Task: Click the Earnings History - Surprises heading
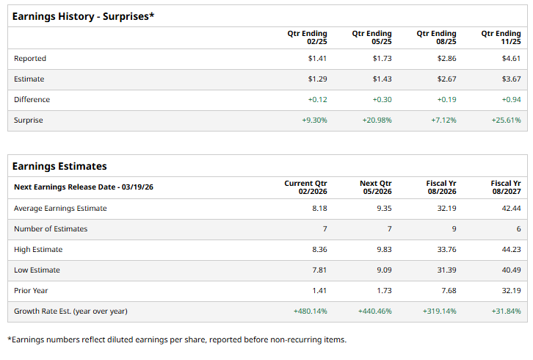tap(84, 16)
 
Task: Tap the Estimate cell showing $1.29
tap(317, 79)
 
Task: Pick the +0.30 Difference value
tap(382, 99)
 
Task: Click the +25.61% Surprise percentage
tap(506, 120)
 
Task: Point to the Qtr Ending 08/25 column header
tap(436, 37)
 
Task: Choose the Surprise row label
tap(29, 120)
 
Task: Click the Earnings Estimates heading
tap(59, 166)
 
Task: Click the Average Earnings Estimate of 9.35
tap(384, 208)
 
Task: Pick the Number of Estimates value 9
tap(454, 228)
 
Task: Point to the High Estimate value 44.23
tap(511, 249)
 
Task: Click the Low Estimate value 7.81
tap(319, 270)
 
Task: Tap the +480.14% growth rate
tap(310, 311)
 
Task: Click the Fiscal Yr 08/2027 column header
tap(506, 187)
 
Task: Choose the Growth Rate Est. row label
tap(70, 311)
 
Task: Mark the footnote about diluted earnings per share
tap(176, 339)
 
